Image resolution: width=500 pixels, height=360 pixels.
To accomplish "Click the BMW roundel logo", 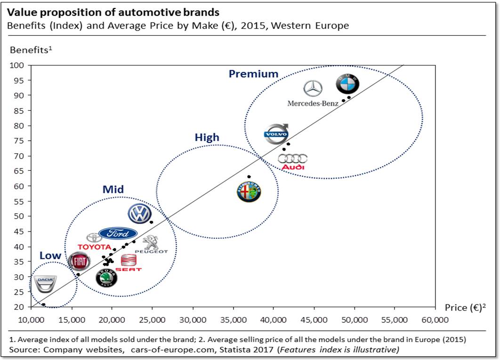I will point(347,85).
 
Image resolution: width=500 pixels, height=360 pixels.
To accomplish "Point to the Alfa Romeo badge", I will point(249,192).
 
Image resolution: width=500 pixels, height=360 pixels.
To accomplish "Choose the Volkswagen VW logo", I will point(139,214).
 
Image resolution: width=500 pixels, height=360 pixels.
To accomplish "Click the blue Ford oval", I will point(118,233).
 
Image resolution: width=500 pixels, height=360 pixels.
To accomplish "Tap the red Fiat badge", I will point(79,262).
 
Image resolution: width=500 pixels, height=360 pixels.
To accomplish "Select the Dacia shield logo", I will point(46,284).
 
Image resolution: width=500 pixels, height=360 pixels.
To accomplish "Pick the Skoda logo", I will point(106,279).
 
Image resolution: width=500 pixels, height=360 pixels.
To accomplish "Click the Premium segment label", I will point(253,74).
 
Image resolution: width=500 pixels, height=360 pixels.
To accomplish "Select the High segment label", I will point(207,137).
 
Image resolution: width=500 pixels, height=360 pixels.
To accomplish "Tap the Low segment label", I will point(50,256).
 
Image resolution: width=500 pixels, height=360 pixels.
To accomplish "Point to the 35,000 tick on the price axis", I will point(233,320).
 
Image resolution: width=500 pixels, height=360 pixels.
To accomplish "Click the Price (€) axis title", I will point(465,308).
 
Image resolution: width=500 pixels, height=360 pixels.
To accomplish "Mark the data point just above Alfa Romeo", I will point(249,177).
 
